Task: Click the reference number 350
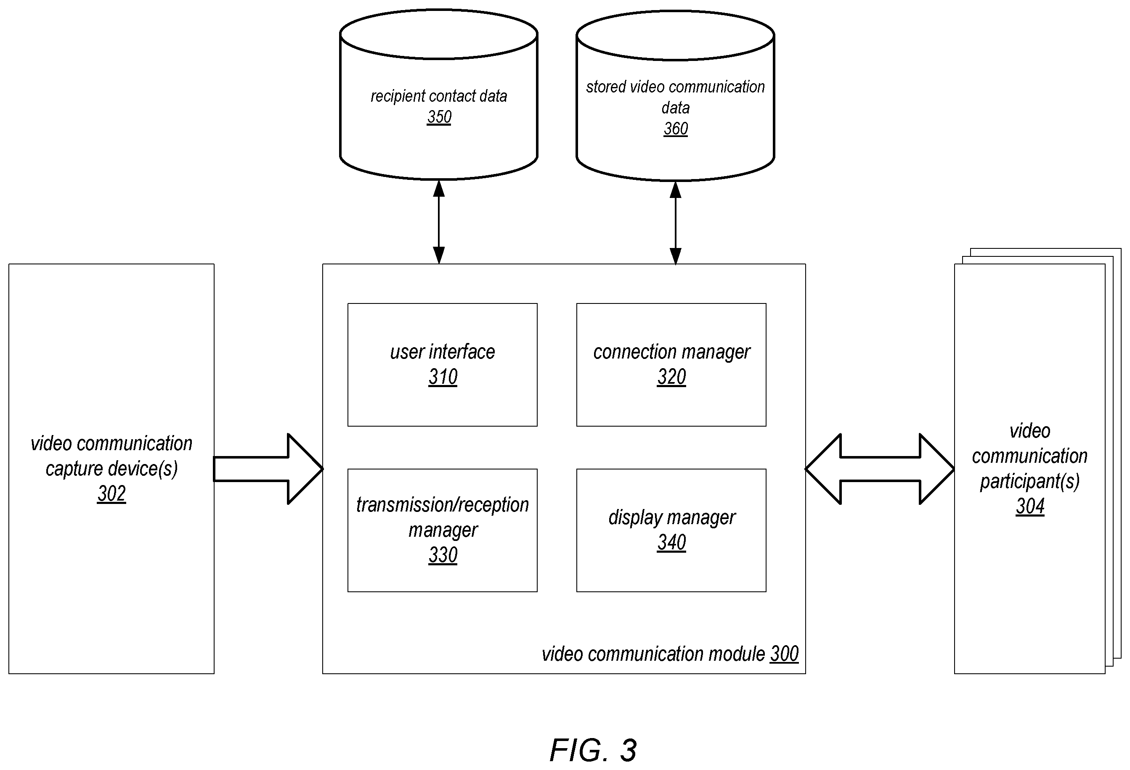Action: pos(439,117)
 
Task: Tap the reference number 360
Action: pos(675,129)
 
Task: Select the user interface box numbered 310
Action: pos(443,365)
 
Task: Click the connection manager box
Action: pos(671,365)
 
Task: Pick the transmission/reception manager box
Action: pos(443,530)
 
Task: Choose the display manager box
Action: pos(671,530)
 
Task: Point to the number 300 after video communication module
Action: pos(784,654)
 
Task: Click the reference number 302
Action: pos(111,493)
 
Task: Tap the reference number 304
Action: pos(1030,506)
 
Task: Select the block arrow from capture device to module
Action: pos(268,469)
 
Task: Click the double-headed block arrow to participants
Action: pos(880,469)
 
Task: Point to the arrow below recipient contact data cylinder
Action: pos(439,222)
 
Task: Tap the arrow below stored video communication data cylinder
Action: pos(675,223)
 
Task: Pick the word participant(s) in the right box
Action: pos(1030,481)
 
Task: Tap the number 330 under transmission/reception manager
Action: pos(443,555)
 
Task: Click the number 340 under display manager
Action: pos(671,543)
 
